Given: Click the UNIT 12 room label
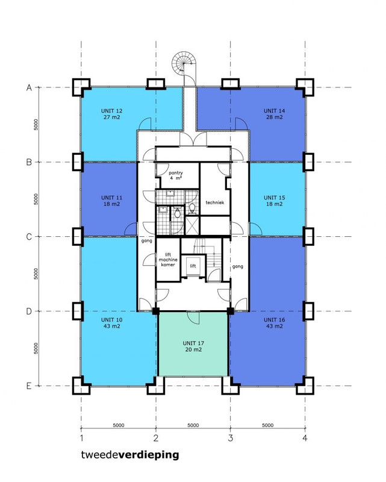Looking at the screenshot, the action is click(111, 114).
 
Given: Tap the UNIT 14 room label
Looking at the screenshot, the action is click(274, 114).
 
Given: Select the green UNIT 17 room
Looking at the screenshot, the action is click(193, 343).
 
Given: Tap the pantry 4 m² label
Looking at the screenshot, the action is click(175, 175).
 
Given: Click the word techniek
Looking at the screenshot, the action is click(215, 202).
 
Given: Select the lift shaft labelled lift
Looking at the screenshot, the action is click(193, 266).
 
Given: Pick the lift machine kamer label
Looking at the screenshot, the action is click(168, 260).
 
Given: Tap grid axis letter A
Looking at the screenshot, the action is click(29, 87).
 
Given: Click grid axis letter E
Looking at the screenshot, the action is click(29, 386).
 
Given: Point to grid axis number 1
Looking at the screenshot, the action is click(81, 438).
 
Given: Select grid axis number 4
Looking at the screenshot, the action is click(305, 438).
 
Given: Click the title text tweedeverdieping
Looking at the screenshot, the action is click(130, 455).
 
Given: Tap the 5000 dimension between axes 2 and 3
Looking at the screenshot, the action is click(193, 425).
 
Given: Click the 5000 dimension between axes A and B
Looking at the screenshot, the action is click(36, 125).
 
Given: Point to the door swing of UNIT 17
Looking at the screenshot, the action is click(193, 318).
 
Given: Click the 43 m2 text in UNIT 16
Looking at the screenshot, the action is click(274, 326).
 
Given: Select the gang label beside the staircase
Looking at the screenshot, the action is click(238, 266).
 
